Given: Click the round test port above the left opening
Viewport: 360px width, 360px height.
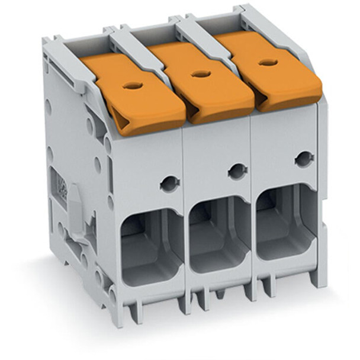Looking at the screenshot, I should tap(168, 183).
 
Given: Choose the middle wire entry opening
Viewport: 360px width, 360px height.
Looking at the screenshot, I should tap(218, 231).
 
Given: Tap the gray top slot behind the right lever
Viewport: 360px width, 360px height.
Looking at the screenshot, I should tap(213, 27).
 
